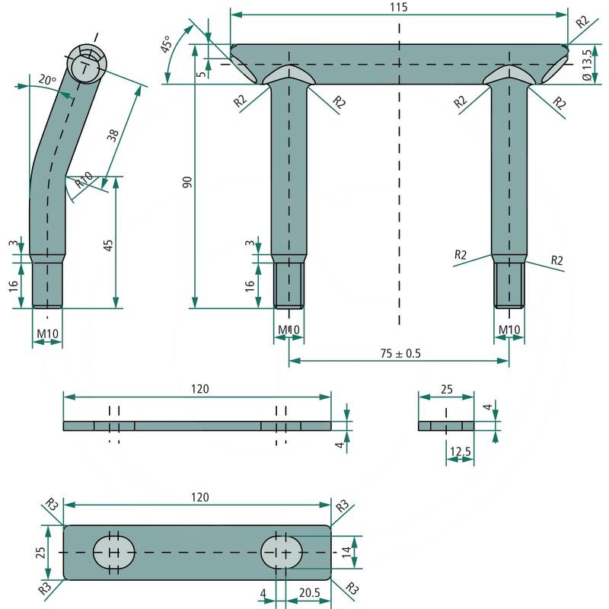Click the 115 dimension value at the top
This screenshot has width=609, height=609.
pos(399,7)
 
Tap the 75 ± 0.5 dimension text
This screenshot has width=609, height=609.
pos(400,353)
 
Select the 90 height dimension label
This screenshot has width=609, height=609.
pos(187,182)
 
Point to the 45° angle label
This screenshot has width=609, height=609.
pos(167,44)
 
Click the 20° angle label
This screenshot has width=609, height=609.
pos(47,80)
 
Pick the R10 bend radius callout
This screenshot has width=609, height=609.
pos(84,180)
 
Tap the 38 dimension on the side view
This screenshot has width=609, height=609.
pos(113,136)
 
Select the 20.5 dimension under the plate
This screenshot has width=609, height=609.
pos(310,593)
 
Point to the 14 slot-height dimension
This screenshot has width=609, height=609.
pos(347,551)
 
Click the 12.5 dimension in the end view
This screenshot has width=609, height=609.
pos(461,451)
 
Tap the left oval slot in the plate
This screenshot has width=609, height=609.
pos(113,552)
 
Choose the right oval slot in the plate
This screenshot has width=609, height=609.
pos(282,552)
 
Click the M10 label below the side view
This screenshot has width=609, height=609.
pos(47,333)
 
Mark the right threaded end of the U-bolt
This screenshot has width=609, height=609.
pos(509,285)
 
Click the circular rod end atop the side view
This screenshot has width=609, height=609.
pos(87,64)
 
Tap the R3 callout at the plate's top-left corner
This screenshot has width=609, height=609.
pos(51,505)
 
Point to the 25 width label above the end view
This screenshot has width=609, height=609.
pos(447,389)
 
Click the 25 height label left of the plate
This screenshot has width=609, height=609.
pos(40,553)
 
